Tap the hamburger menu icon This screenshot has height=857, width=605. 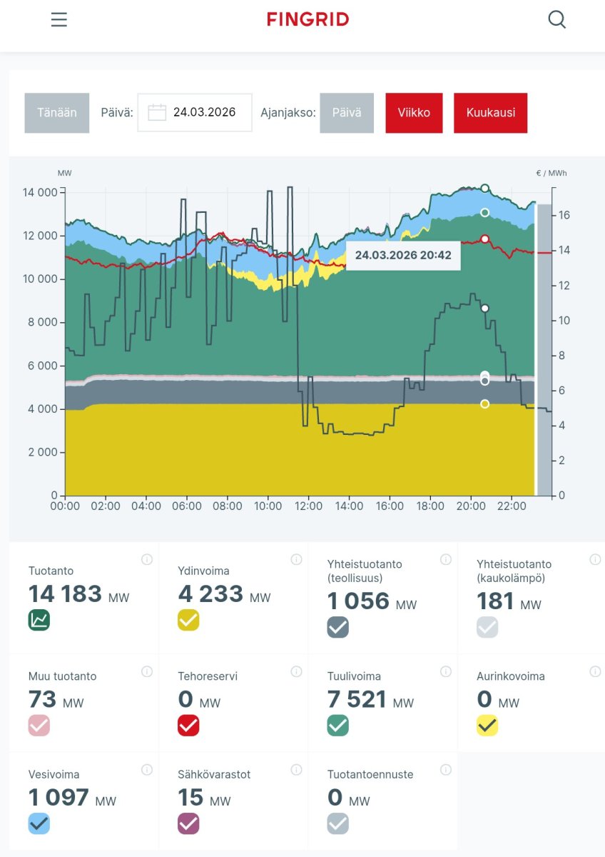point(59,20)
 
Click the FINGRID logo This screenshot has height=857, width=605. point(308,19)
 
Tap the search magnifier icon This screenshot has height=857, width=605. point(556,19)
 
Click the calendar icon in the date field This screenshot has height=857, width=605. point(157,113)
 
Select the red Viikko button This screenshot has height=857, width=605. point(414,113)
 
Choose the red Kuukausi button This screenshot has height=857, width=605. point(490,113)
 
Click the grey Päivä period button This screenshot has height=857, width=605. point(346,113)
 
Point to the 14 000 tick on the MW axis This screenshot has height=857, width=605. point(40,192)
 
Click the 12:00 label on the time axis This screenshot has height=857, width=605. point(308,506)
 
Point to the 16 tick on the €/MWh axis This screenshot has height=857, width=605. point(564,215)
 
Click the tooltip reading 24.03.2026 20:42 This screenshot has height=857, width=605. point(403,255)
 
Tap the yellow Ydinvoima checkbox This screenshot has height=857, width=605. point(188,620)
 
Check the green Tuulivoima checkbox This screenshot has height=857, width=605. point(337,726)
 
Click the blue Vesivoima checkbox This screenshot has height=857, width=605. point(39,823)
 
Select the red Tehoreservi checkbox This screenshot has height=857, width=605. point(188,726)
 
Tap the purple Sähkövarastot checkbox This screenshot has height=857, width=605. point(188,823)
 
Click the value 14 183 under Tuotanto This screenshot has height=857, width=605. point(66,594)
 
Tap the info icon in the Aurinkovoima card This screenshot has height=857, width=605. point(595,671)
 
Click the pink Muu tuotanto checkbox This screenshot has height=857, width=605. point(39,726)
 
